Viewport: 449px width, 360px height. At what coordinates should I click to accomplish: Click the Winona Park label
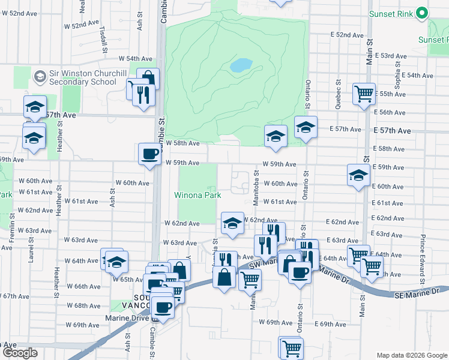point(197,195)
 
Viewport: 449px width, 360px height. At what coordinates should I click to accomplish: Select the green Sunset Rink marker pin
point(421,13)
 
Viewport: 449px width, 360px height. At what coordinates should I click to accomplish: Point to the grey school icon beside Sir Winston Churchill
point(40,77)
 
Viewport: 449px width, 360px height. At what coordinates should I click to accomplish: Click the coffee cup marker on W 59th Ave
point(149,154)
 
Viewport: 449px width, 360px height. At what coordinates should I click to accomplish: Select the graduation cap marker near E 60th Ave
point(358,176)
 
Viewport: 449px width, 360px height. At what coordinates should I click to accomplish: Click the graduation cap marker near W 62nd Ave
point(232,223)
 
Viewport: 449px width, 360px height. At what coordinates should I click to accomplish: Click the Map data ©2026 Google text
point(411,355)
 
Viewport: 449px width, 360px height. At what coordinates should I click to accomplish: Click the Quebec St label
point(339,91)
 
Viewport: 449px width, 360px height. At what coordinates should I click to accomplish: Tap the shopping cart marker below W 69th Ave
point(291,347)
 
